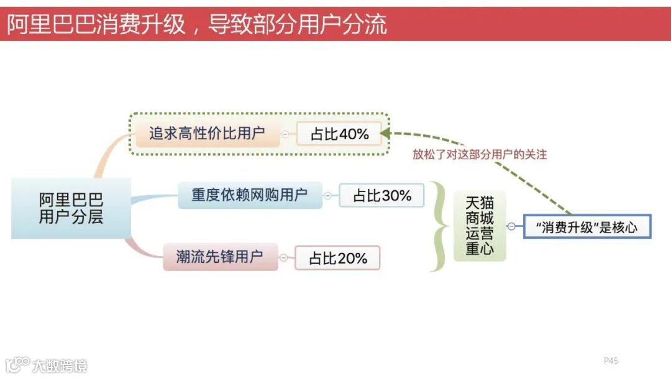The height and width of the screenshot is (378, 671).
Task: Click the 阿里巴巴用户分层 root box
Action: coord(71,208)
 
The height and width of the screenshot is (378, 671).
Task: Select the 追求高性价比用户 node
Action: coord(207,133)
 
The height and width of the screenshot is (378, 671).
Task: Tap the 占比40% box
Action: coord(339,134)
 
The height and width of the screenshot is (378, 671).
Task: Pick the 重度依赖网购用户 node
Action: coord(250,195)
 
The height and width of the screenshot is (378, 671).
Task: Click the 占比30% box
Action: coord(381,195)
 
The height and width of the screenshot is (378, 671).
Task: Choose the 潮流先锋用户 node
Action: coord(220,257)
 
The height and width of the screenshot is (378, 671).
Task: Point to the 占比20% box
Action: coord(337,258)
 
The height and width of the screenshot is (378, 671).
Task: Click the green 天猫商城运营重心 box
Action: coord(480,226)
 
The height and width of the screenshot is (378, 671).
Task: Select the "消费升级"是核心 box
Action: coord(587,227)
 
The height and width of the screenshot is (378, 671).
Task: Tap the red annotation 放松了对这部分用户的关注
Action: coord(480,154)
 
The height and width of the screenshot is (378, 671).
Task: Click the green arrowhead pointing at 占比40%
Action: coord(386,132)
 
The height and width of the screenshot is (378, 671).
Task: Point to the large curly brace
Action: coord(440,226)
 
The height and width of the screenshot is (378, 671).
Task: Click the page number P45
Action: coord(611,361)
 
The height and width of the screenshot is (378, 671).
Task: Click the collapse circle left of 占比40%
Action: coord(285,134)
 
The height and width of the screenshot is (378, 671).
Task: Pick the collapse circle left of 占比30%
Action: coord(328,195)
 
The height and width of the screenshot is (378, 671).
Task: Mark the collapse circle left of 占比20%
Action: coord(284,258)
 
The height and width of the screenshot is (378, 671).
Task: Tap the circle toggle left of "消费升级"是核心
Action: coord(511,226)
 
